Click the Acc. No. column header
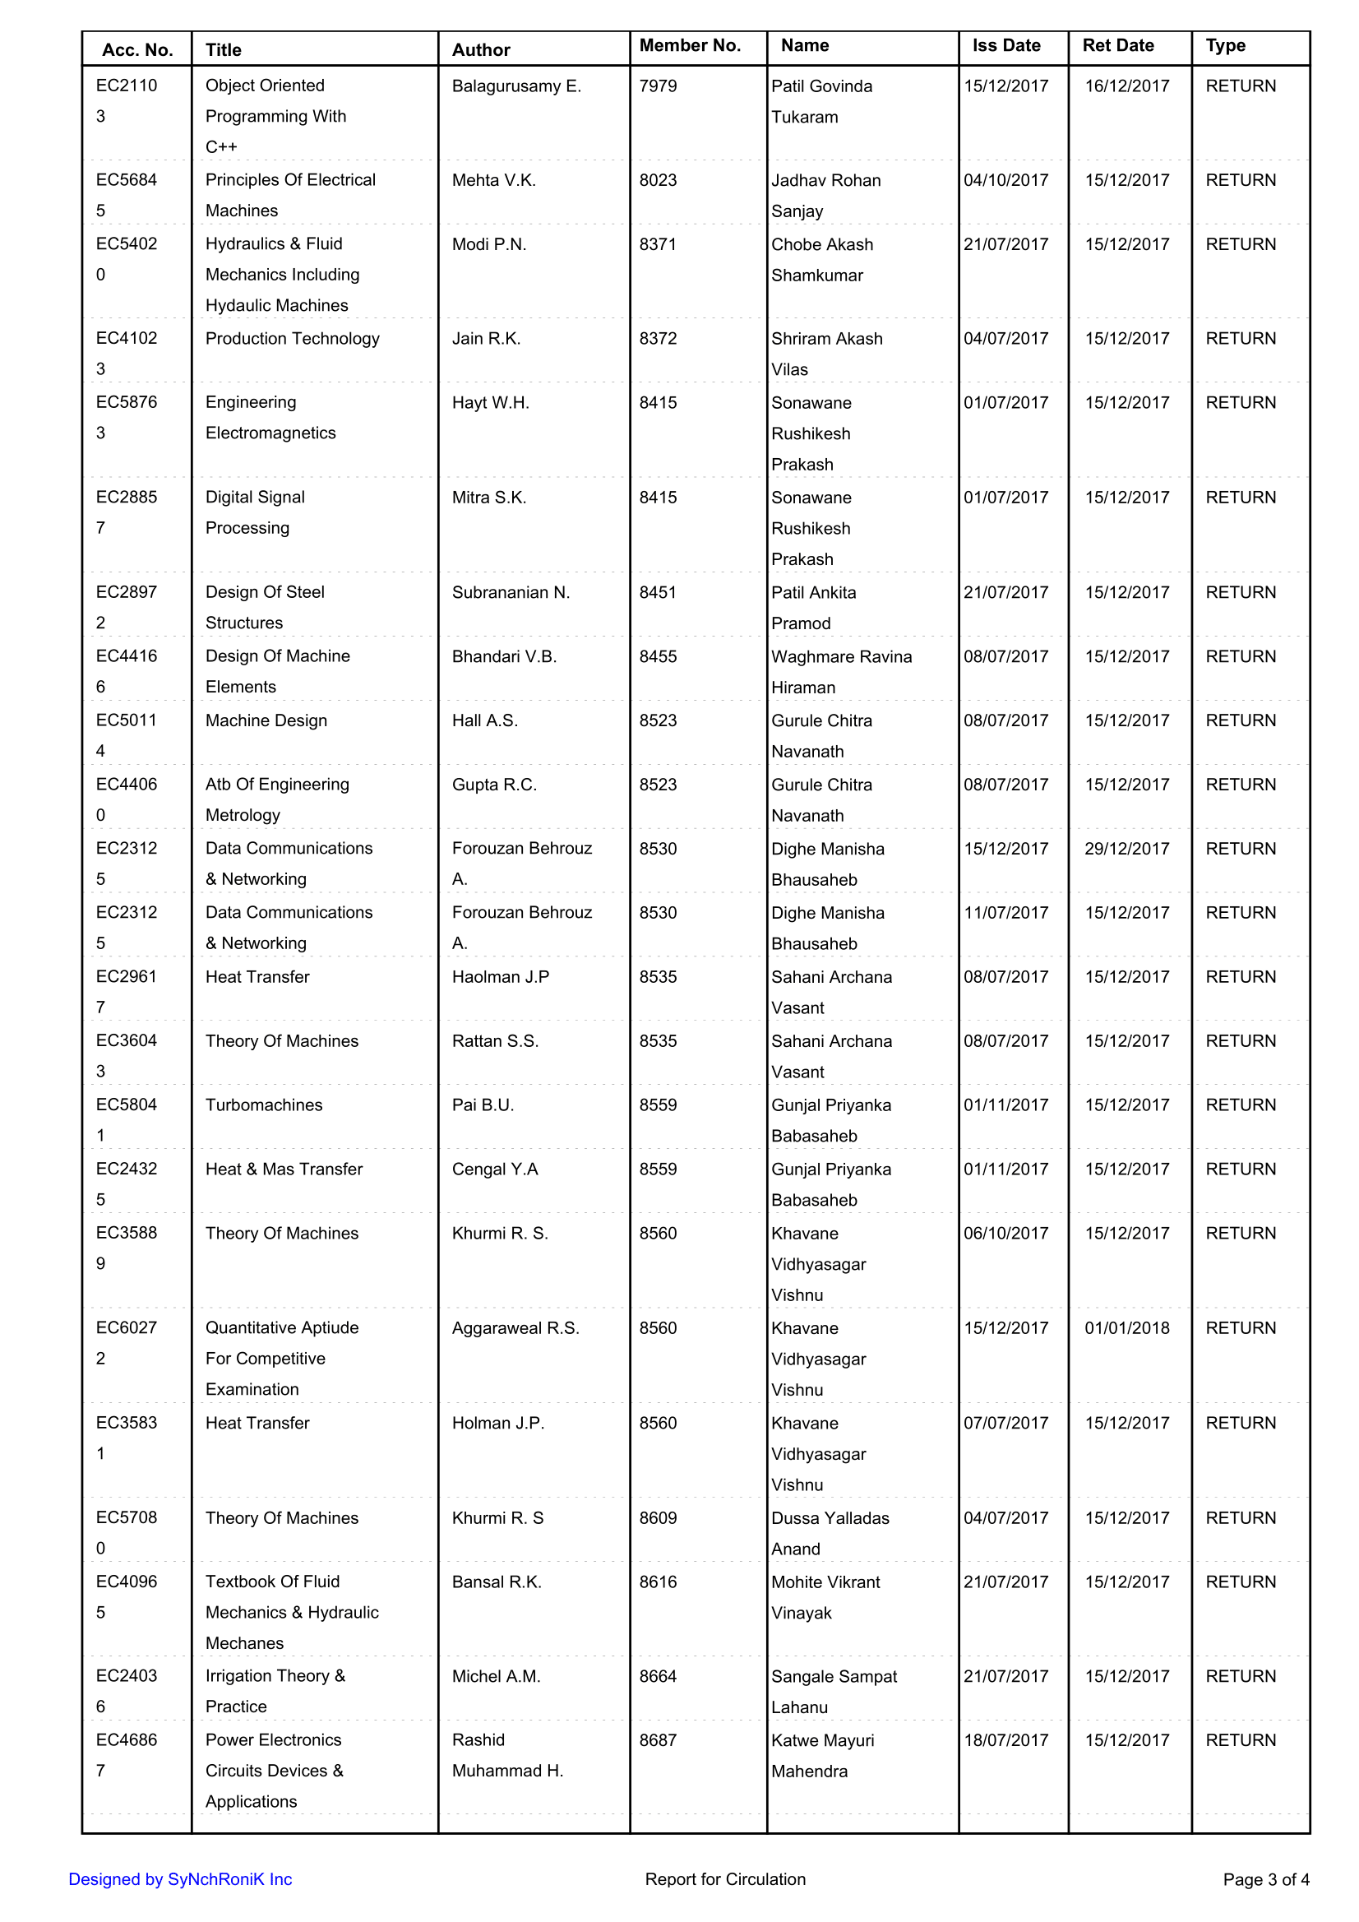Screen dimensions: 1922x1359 click(137, 49)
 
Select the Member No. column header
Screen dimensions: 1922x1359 click(690, 45)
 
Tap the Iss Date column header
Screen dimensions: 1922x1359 click(1005, 45)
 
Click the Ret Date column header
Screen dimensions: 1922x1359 click(1118, 45)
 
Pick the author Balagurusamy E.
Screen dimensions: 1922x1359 click(516, 86)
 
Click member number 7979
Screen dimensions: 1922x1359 click(658, 86)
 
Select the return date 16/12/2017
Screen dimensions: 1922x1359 click(1126, 86)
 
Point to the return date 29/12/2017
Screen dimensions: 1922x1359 click(1126, 848)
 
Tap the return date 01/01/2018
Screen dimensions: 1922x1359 click(1126, 1327)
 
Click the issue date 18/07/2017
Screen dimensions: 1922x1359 click(1005, 1739)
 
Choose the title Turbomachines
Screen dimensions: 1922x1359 click(264, 1105)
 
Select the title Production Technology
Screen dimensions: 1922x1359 click(292, 338)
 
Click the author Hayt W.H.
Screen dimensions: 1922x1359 click(490, 403)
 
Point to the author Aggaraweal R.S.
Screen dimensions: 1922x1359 click(515, 1327)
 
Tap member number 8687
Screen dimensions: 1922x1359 click(658, 1739)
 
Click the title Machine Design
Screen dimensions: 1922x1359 click(266, 720)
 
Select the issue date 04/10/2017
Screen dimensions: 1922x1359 click(1005, 180)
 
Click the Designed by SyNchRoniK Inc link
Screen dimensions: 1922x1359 click(180, 1879)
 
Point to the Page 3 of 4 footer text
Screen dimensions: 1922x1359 click(1265, 1879)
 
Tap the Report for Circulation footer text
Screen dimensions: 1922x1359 click(724, 1879)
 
